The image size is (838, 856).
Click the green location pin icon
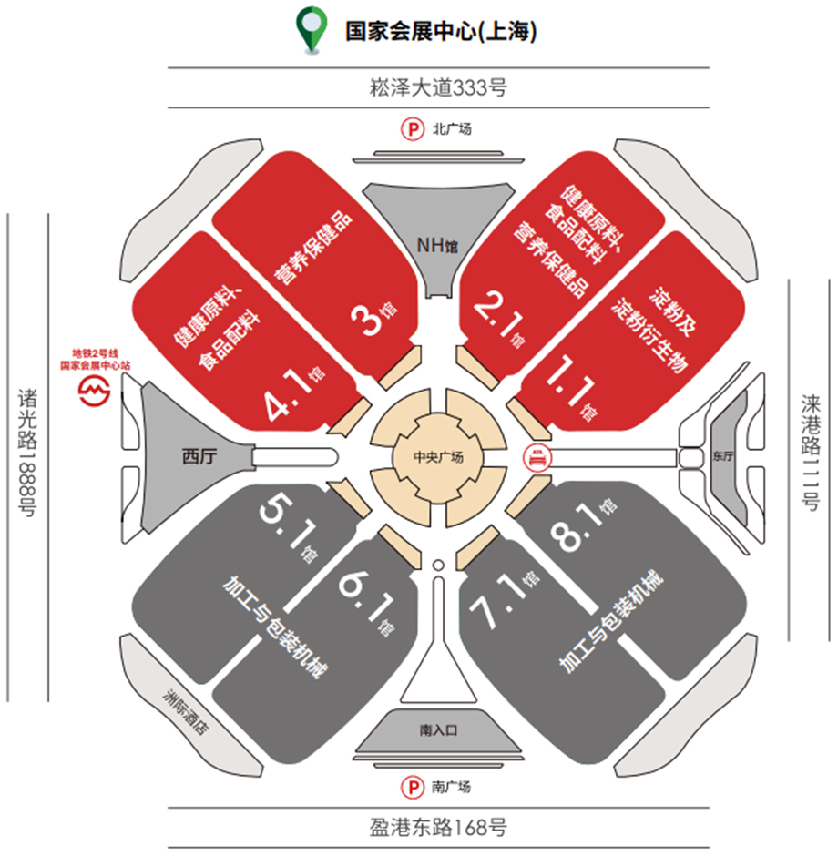pos(312,29)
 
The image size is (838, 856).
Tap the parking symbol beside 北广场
pos(413,129)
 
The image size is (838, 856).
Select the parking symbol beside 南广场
pos(413,787)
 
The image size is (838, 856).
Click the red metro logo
pos(95,390)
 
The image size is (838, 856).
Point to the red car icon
pos(537,457)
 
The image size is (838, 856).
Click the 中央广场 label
pos(438,456)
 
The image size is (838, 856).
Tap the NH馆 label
pos(437,246)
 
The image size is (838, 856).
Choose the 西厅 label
pos(199,456)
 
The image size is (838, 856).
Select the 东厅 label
pos(723,456)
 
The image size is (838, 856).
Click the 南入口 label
pos(438,730)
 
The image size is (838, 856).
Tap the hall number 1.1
pos(570,379)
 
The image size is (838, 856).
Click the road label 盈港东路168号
pos(438,827)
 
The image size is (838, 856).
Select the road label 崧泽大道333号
pos(438,87)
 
